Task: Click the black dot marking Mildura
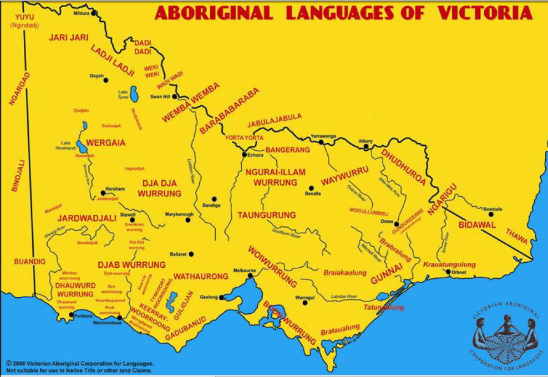pos(94,12)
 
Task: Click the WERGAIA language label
pos(105,142)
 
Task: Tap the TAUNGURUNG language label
pos(267,215)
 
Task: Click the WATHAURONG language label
pos(201,276)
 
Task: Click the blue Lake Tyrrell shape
pos(134,97)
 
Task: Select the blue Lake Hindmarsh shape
pos(82,147)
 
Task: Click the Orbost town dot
pos(448,272)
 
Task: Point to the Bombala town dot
pos(491,214)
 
